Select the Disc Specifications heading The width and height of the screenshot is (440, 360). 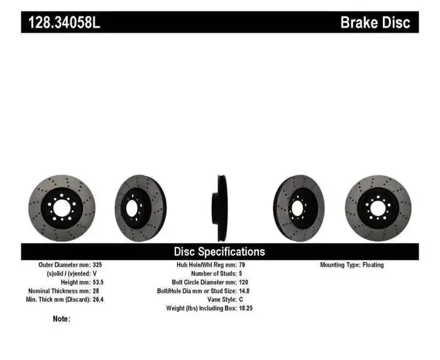pyautogui.click(x=219, y=251)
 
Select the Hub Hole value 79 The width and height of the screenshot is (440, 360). pyautogui.click(x=243, y=265)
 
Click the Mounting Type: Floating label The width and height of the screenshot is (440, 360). pyautogui.click(x=351, y=265)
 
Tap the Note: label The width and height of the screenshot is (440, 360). pyautogui.click(x=62, y=319)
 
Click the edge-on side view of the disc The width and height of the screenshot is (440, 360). pyautogui.click(x=221, y=208)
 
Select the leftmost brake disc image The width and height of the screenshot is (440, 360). pyautogui.click(x=62, y=208)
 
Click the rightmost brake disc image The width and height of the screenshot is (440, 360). pyautogui.click(x=378, y=208)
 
